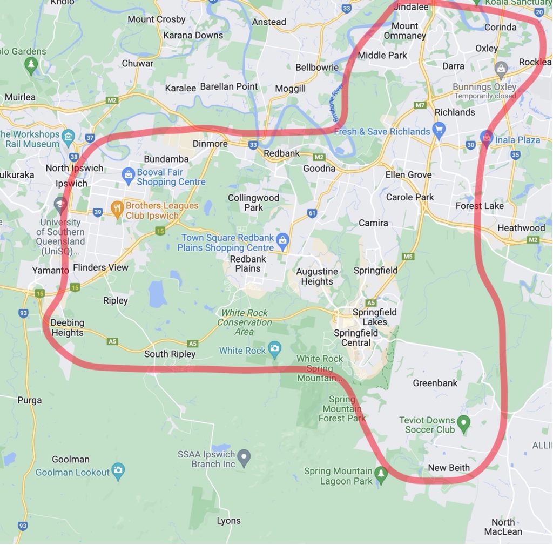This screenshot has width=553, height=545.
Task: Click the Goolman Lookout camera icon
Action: pyautogui.click(x=118, y=470)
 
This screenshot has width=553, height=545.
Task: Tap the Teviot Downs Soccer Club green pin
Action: pyautogui.click(x=463, y=423)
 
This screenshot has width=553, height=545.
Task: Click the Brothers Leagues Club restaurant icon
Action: pyautogui.click(x=117, y=207)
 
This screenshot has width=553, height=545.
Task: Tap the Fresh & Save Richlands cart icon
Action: pyautogui.click(x=439, y=130)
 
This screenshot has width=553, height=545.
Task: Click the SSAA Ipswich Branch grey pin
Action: pyautogui.click(x=244, y=457)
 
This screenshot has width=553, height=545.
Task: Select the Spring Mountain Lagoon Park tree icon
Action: pyautogui.click(x=381, y=474)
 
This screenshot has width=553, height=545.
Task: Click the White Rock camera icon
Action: pyautogui.click(x=275, y=349)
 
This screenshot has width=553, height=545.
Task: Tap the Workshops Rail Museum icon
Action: pyautogui.click(x=68, y=136)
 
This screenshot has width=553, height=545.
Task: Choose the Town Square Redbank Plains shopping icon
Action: pyautogui.click(x=282, y=240)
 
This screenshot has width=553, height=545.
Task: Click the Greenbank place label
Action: pyautogui.click(x=435, y=383)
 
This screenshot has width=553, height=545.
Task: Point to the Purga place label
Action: pyautogui.click(x=29, y=400)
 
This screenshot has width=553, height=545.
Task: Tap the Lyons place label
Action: pyautogui.click(x=228, y=521)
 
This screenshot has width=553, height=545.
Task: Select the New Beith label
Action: pyautogui.click(x=448, y=468)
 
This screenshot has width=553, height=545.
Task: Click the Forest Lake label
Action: pyautogui.click(x=480, y=206)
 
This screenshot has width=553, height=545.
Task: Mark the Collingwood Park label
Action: pyautogui.click(x=253, y=203)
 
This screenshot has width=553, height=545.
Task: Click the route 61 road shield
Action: pyautogui.click(x=312, y=213)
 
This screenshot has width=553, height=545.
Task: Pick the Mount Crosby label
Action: pyautogui.click(x=156, y=19)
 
